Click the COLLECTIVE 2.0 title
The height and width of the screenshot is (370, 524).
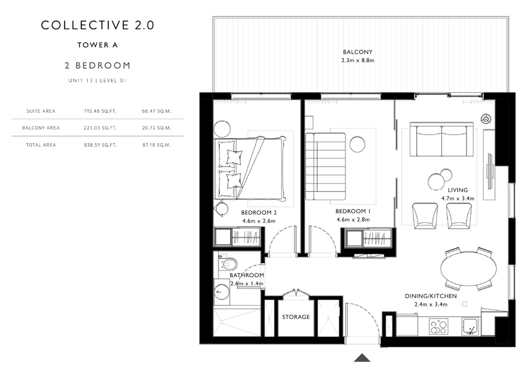click(97, 25)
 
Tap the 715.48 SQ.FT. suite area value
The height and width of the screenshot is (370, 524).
click(100, 111)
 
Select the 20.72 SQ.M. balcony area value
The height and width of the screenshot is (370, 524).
click(156, 128)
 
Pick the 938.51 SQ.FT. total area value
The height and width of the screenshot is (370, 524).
click(100, 145)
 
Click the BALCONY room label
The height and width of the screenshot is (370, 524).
click(357, 52)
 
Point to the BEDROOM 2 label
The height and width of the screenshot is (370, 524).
click(259, 213)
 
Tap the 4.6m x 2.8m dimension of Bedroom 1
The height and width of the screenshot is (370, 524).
click(353, 220)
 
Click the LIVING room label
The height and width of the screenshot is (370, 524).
click(458, 190)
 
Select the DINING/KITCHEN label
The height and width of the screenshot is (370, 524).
click(431, 296)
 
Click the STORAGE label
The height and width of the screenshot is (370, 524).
click(296, 317)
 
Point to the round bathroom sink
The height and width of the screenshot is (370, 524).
click(221, 292)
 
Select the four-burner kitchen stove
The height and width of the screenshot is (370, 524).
click(439, 327)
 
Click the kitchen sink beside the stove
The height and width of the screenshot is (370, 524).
click(471, 326)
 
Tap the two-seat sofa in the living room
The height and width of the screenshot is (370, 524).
click(442, 139)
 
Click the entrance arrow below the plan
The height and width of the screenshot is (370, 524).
click(362, 357)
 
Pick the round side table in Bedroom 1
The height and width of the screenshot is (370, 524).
click(357, 144)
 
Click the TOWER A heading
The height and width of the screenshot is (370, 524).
click(97, 45)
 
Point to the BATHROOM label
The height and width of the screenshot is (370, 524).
click(247, 275)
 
